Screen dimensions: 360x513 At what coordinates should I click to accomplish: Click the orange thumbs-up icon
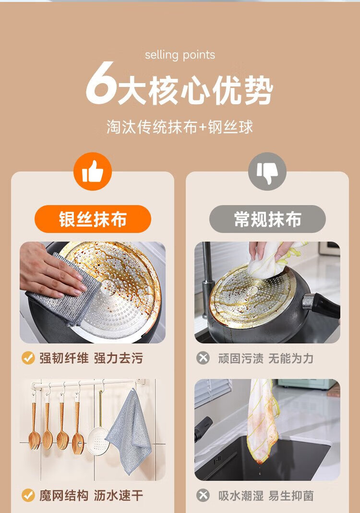(93, 171)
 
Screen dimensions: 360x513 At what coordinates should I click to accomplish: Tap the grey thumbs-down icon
(267, 171)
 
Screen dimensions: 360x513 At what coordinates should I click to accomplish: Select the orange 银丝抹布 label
(93, 219)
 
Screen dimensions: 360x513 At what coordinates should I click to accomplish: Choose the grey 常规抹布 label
(267, 219)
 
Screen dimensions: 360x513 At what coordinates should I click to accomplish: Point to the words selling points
(180, 55)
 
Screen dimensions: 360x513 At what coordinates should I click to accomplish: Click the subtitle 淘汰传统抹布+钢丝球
(180, 127)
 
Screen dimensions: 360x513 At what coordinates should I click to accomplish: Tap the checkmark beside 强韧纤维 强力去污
(28, 358)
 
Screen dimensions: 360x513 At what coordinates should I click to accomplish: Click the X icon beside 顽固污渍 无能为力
(203, 358)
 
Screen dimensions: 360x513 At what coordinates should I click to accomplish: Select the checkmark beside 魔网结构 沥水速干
(28, 495)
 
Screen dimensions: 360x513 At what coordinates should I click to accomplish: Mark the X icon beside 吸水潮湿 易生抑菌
(203, 495)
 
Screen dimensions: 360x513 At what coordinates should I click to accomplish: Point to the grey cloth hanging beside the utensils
(129, 432)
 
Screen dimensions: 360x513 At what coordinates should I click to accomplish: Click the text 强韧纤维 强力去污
(91, 358)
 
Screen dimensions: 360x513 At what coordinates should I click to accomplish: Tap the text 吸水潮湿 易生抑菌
(266, 496)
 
